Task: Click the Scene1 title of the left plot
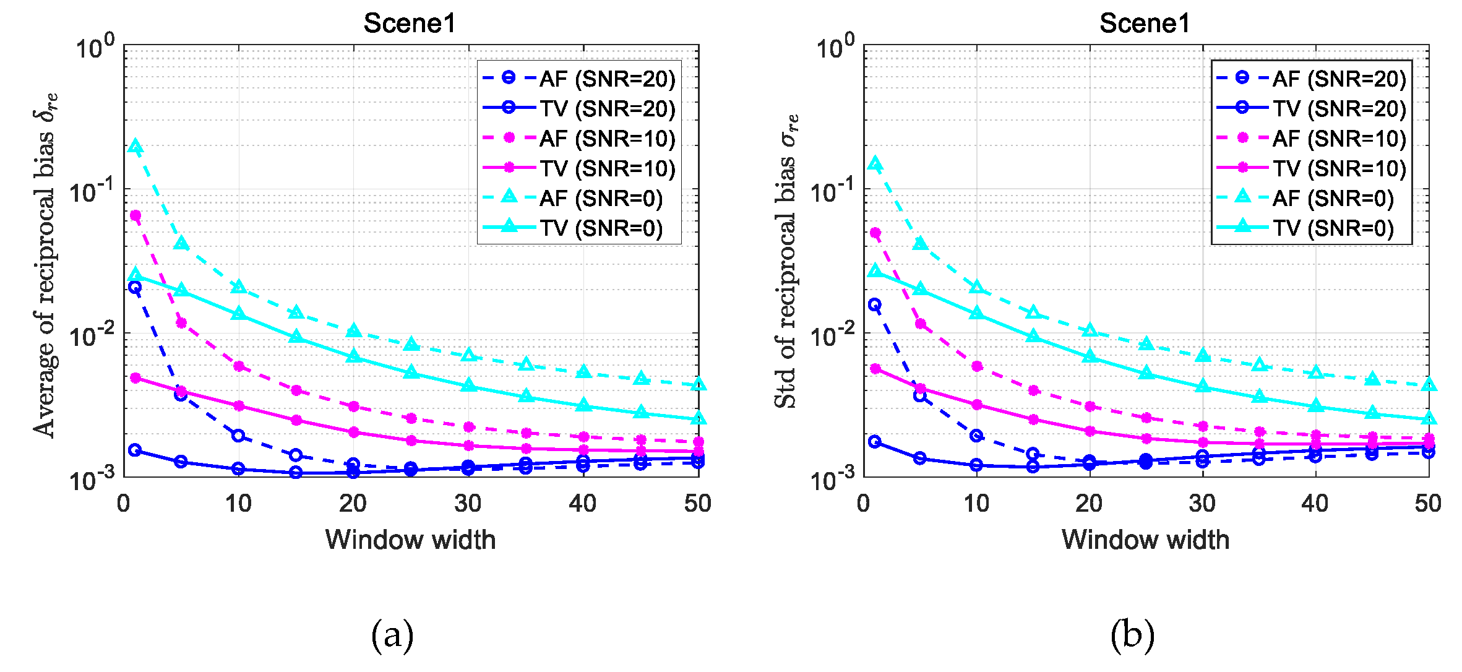click(410, 24)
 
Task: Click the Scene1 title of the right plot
click(1145, 24)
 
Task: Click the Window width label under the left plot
click(410, 540)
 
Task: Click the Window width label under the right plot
click(1145, 540)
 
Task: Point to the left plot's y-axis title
click(45, 265)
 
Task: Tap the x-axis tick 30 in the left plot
click(468, 504)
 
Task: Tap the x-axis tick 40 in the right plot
click(1315, 504)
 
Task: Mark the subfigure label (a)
click(392, 635)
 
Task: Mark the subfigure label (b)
click(1132, 635)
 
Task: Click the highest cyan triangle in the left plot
click(135, 147)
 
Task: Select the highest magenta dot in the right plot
click(875, 233)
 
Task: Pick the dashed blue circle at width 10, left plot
click(238, 436)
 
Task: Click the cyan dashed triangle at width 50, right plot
click(1429, 385)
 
